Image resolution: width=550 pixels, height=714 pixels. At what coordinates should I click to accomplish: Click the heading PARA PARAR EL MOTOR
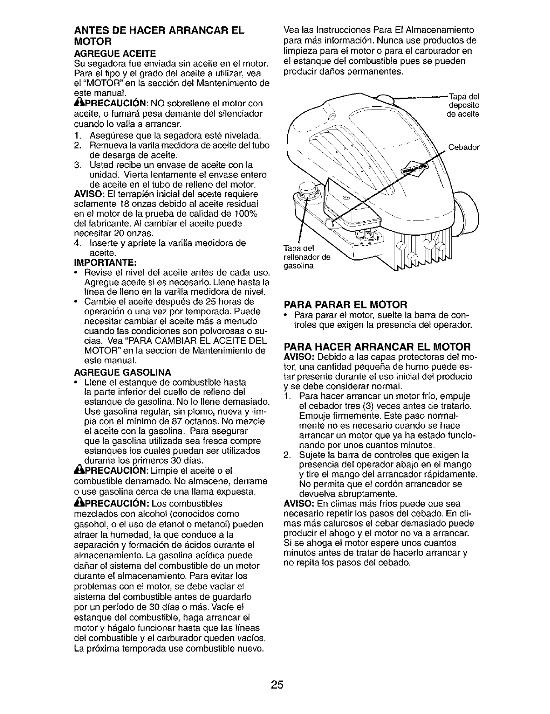(347, 304)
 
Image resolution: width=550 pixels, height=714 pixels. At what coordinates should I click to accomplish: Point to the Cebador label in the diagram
(464, 148)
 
